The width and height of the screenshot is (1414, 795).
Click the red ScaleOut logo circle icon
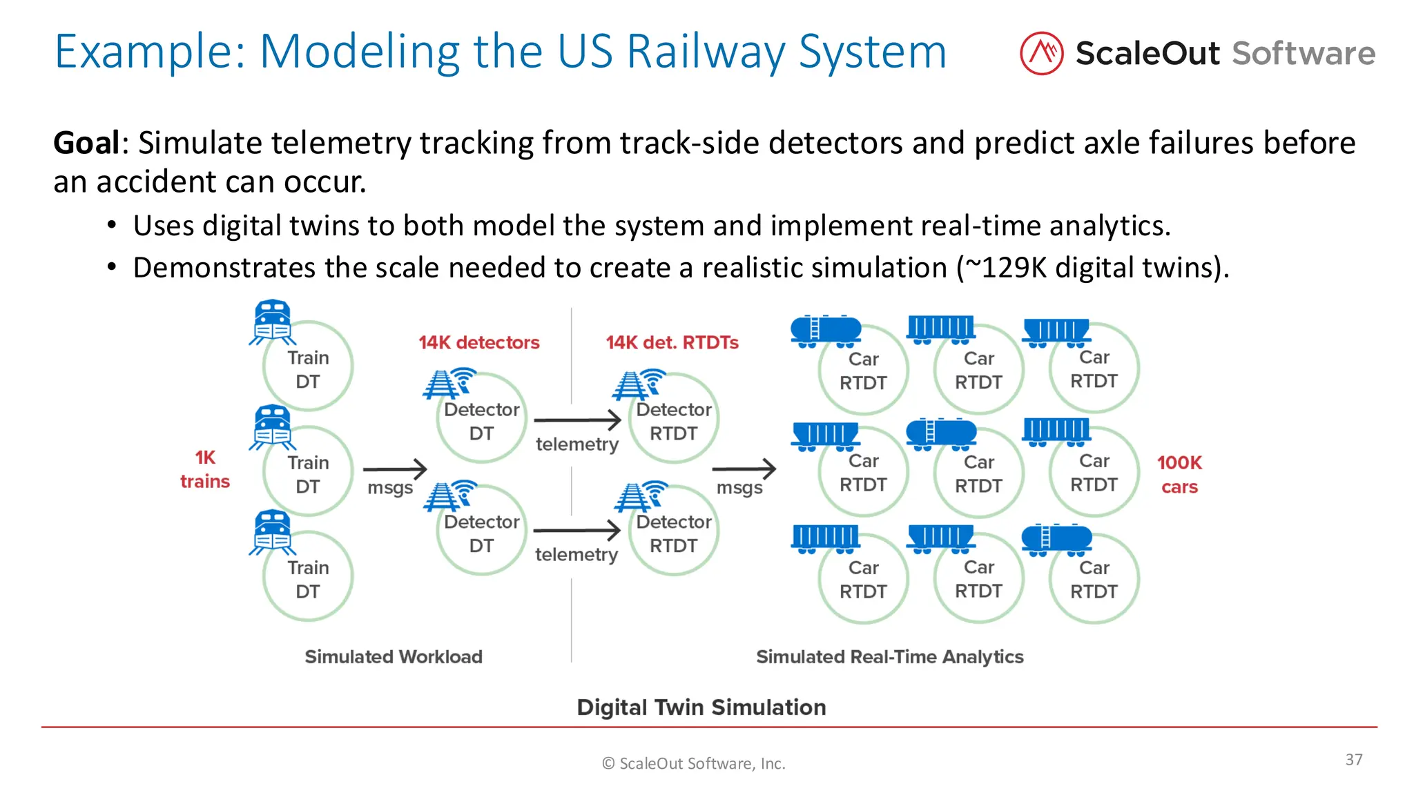click(x=1041, y=53)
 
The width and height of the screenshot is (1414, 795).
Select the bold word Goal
click(x=86, y=143)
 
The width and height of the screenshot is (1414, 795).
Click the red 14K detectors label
click(x=478, y=342)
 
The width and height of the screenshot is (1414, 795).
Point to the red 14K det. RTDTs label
click(x=672, y=342)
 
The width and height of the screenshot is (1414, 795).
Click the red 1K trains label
click(x=205, y=469)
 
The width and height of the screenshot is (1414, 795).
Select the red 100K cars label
click(x=1179, y=474)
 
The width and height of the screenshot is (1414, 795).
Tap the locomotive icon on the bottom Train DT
click(x=272, y=531)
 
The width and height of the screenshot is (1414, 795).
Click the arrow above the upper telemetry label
click(x=577, y=420)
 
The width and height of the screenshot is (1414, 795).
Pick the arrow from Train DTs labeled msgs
click(x=394, y=469)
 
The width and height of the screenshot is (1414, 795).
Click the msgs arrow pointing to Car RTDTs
click(x=744, y=469)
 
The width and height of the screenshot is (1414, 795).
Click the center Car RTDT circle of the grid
click(x=978, y=473)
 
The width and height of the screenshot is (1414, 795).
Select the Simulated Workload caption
click(x=394, y=656)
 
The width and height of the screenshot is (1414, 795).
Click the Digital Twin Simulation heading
click(x=701, y=707)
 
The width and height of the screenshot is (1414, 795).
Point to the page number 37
click(x=1353, y=759)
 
